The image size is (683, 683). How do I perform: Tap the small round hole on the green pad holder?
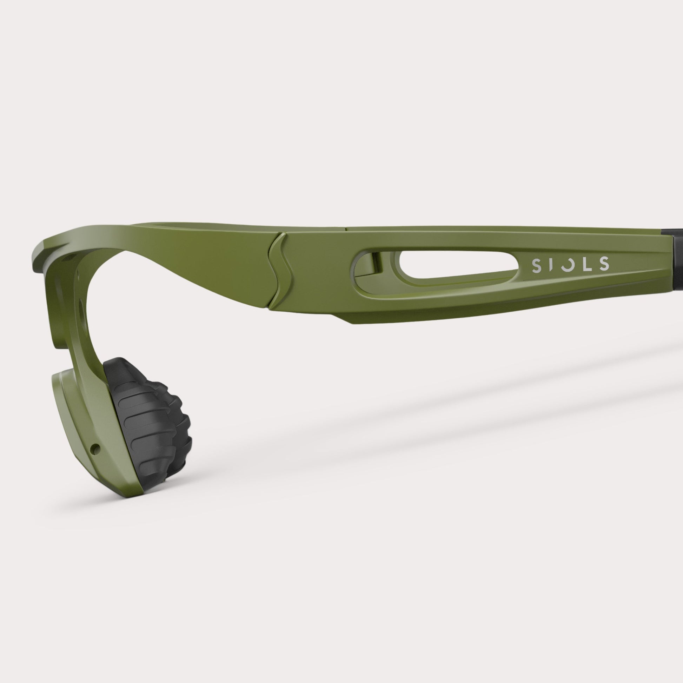94,449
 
